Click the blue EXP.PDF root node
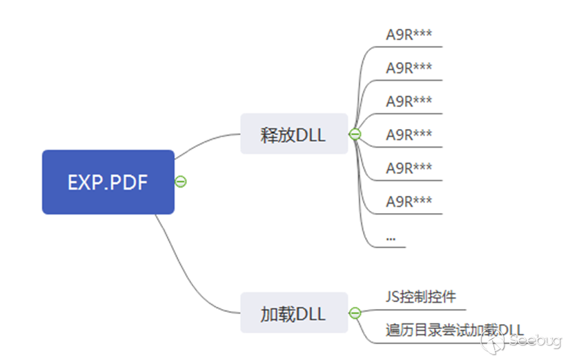point(108,182)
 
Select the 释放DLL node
point(293,134)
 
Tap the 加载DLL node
point(293,313)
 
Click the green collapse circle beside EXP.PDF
point(181,182)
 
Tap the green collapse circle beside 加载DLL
point(355,313)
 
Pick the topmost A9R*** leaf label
point(408,34)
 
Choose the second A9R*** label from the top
point(408,68)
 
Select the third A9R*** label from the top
point(408,101)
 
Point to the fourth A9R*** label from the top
point(408,134)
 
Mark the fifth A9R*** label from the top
point(408,168)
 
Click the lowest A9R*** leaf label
point(408,201)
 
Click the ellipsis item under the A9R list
point(391,237)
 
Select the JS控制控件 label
point(421,297)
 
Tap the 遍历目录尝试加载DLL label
point(454,330)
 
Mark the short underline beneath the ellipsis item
point(395,247)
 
